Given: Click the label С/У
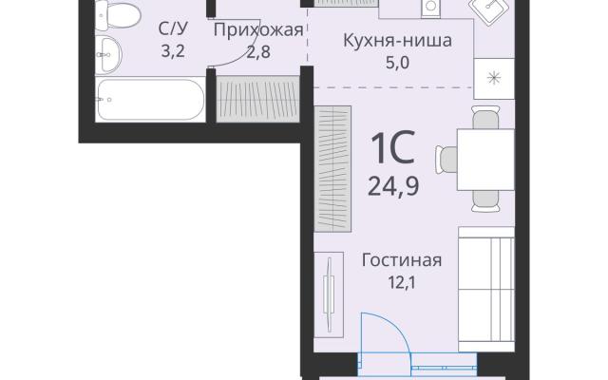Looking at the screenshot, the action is (x=173, y=28).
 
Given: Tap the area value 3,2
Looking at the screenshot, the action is (x=173, y=50).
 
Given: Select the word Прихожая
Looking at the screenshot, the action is (x=258, y=29).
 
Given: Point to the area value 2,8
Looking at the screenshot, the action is (x=258, y=51).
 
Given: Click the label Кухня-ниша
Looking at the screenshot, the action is (x=397, y=40).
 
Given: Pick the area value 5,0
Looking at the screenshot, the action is (x=397, y=62).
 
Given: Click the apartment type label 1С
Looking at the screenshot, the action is (x=392, y=148).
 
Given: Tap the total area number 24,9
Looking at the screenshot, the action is (x=393, y=186).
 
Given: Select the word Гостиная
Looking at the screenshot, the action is (x=402, y=260).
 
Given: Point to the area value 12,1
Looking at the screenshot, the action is (x=402, y=283).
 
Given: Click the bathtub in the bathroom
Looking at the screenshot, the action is (x=150, y=100).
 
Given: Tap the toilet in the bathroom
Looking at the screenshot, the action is (x=118, y=15).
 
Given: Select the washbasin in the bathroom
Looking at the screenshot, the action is (x=108, y=55).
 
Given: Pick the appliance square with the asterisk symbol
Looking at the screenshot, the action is (x=494, y=79).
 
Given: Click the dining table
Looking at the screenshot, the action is (x=485, y=160).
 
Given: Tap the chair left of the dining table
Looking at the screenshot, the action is (x=446, y=160).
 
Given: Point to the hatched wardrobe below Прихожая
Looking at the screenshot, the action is (x=257, y=99).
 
